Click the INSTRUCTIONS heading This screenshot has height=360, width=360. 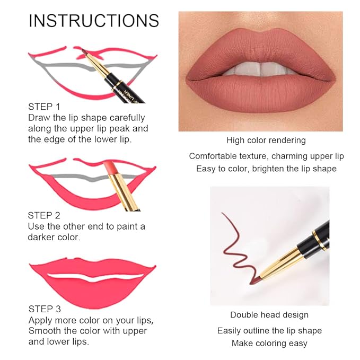pyautogui.click(x=94, y=21)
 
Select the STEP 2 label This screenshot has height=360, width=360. pyautogui.click(x=44, y=215)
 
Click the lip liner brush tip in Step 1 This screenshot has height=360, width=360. pyautogui.click(x=81, y=52)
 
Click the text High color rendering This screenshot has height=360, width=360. pyautogui.click(x=266, y=141)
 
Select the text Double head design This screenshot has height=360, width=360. pyautogui.click(x=269, y=315)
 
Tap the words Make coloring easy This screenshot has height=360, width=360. pyautogui.click(x=269, y=343)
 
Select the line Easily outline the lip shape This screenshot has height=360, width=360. pyautogui.click(x=269, y=330)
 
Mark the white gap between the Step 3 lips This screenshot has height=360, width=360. pyautogui.click(x=92, y=277)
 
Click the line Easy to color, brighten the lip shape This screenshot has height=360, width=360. pyautogui.click(x=266, y=169)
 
